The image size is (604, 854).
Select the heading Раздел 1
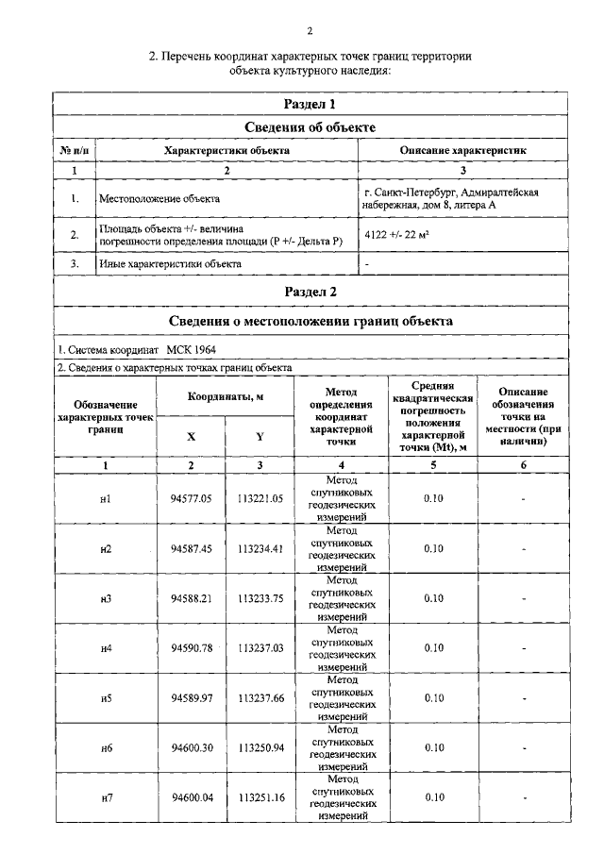point(310,104)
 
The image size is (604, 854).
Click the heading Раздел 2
point(310,292)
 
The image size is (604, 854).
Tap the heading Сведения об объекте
point(310,127)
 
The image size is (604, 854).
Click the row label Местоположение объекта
point(159,199)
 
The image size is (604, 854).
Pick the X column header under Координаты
point(192,436)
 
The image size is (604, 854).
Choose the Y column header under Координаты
point(260,436)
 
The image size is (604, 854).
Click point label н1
point(106,499)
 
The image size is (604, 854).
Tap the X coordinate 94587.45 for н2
point(192,549)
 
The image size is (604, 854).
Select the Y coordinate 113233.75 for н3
point(260,598)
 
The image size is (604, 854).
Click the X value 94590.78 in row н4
point(192,648)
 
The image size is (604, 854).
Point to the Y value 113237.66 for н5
point(260,698)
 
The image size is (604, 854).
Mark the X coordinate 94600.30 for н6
point(192,748)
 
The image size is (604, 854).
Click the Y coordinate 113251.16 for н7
point(260,797)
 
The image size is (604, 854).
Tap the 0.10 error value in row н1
point(433,499)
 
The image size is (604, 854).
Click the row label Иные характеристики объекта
point(170,264)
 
